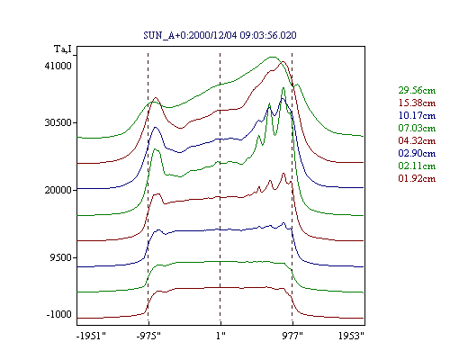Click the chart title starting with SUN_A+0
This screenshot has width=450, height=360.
[x=220, y=35]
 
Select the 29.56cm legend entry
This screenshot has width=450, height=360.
[x=417, y=90]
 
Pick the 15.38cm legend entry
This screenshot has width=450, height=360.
[x=417, y=103]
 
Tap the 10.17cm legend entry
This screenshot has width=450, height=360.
[x=417, y=115]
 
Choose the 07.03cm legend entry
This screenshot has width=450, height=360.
[x=417, y=128]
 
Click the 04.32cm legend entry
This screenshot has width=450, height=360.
[x=417, y=140]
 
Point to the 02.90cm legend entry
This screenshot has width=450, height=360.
[x=417, y=153]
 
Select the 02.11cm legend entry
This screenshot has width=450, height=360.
[x=417, y=166]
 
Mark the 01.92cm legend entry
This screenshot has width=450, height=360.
[x=417, y=178]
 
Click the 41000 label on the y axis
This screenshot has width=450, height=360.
[x=58, y=66]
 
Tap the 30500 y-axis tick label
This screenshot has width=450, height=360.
[x=58, y=122]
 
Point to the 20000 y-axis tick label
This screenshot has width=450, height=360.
[x=58, y=190]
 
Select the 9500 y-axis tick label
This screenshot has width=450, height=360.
[x=61, y=257]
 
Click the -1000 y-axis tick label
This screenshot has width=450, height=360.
[x=59, y=314]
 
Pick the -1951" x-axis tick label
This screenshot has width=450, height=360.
[x=91, y=336]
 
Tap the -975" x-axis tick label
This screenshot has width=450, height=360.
[x=148, y=336]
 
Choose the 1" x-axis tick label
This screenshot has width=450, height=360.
[x=220, y=336]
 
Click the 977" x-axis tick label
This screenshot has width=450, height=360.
[x=292, y=336]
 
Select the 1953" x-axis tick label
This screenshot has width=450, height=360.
[x=351, y=336]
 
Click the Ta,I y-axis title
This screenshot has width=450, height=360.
[x=63, y=49]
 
